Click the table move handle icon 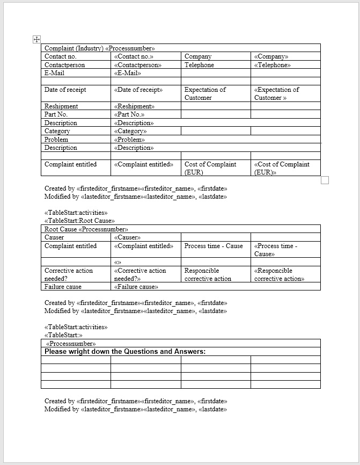[x=36, y=39]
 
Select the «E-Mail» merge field [x=128, y=73]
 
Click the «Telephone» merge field [x=272, y=65]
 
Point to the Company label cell [x=198, y=56]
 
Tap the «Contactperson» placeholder [x=137, y=65]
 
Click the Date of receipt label [x=65, y=90]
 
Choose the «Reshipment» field [x=134, y=106]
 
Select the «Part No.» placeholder [x=129, y=114]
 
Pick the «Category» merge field [x=130, y=131]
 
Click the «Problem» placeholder [x=129, y=140]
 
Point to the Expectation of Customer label [x=205, y=93]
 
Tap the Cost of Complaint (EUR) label [x=210, y=168]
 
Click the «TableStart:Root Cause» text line [x=79, y=221]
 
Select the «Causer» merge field [x=127, y=237]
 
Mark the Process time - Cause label [x=214, y=246]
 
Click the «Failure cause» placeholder [x=136, y=287]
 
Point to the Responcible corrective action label [x=208, y=274]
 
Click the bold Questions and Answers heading [x=125, y=352]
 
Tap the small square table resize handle [x=325, y=180]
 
